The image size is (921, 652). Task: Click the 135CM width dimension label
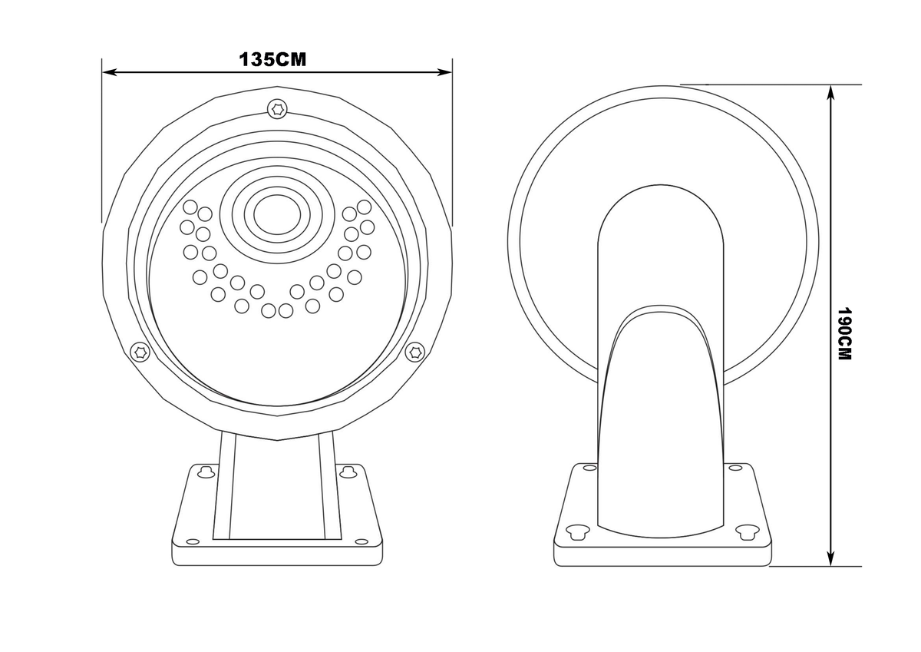[272, 59]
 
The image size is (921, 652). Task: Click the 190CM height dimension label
[844, 333]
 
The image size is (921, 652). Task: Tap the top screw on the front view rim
[277, 108]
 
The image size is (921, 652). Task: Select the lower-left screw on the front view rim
[140, 352]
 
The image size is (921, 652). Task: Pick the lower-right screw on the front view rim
[414, 352]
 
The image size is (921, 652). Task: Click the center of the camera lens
[277, 215]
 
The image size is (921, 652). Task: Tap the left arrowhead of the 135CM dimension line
[109, 72]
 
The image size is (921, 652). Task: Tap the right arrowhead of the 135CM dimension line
[445, 72]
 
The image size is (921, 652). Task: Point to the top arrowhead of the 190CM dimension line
[831, 92]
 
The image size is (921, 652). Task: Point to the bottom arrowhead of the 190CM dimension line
[831, 558]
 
